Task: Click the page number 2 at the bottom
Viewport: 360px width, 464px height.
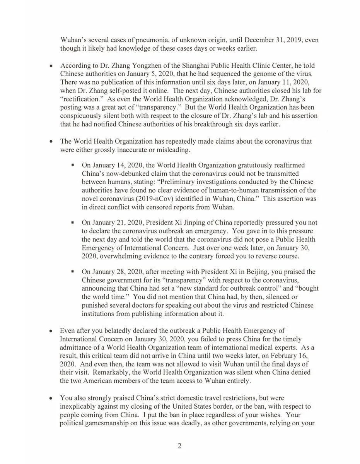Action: tap(179, 446)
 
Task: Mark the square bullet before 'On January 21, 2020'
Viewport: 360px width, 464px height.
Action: tap(73, 224)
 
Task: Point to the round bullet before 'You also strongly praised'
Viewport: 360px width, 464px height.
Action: tap(51, 398)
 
